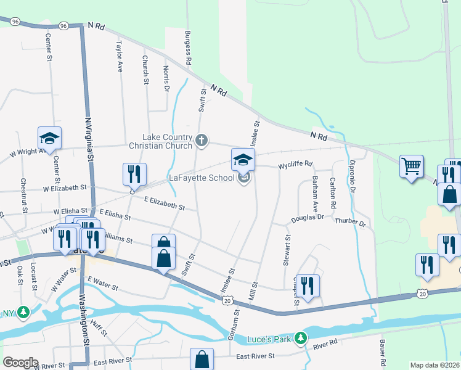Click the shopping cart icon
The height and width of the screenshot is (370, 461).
[x=411, y=166]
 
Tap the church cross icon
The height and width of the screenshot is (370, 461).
[x=201, y=141]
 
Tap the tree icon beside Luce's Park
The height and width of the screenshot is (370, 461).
[x=300, y=338]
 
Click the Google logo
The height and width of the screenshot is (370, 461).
[x=20, y=363]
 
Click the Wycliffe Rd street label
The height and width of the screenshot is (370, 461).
[x=295, y=165]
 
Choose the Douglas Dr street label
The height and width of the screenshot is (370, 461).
[x=308, y=219]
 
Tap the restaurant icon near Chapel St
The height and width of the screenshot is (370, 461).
[x=308, y=286]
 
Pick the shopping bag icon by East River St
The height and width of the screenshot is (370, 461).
[x=202, y=360]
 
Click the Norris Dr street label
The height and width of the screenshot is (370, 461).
[x=166, y=79]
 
